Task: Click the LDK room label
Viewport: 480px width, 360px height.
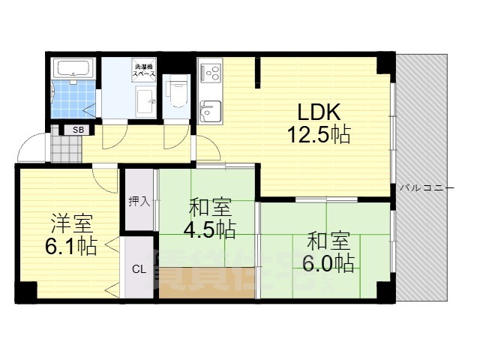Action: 319,113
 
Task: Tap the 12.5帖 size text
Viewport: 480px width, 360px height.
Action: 319,136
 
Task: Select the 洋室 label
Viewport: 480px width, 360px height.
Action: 71,223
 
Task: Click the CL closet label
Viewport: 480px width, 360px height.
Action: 139,269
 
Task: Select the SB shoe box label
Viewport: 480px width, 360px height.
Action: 77,130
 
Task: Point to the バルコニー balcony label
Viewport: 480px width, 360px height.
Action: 426,187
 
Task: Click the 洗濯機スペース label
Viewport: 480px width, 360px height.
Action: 145,70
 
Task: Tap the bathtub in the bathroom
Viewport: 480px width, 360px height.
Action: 73,70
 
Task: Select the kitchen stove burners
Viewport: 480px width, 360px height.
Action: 209,75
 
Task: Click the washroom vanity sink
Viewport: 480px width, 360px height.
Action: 145,100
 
